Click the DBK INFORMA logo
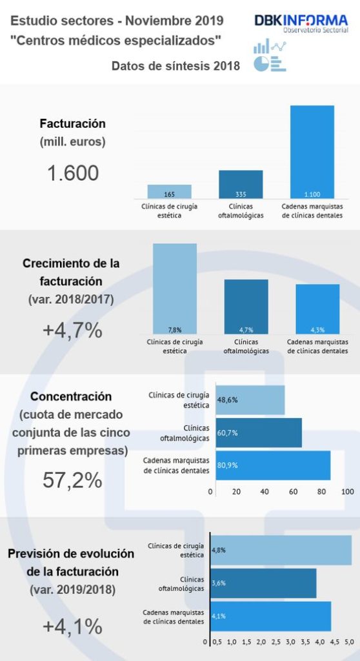[301, 24]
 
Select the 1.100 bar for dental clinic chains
[312, 152]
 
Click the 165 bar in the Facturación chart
[170, 192]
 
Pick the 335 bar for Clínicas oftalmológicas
[241, 185]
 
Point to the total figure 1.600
[72, 173]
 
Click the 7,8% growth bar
[174, 288]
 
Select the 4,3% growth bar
[317, 308]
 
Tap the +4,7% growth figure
[72, 330]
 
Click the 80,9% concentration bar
[272, 465]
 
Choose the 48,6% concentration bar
[250, 400]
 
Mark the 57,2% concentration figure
[72, 480]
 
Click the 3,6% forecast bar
[263, 583]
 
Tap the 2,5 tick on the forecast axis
[276, 642]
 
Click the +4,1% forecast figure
[72, 626]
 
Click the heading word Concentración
[72, 396]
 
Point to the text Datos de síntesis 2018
[175, 66]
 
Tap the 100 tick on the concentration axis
[347, 491]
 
